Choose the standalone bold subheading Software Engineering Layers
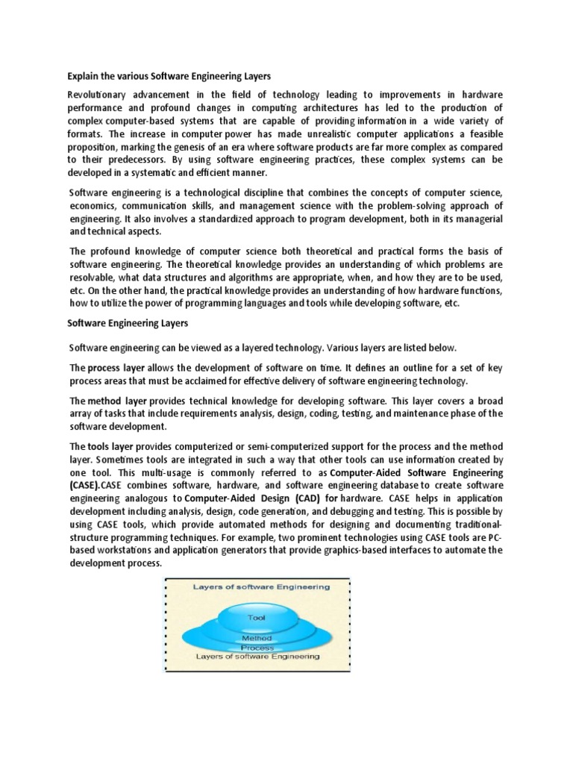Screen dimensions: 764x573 (128, 323)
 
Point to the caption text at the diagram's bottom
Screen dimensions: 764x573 (257, 657)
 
